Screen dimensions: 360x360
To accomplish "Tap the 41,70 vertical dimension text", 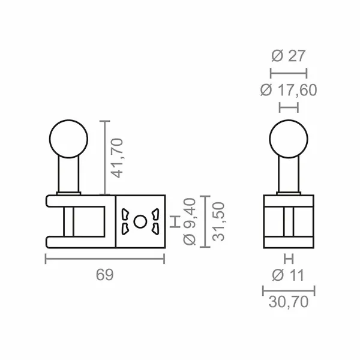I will tap(118, 158).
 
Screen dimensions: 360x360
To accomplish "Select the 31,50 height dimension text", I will tap(220, 221).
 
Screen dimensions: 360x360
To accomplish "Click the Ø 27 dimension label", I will tap(289, 56).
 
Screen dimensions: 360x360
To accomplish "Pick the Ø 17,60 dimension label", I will tap(289, 90).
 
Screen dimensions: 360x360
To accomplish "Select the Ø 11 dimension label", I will tap(289, 275).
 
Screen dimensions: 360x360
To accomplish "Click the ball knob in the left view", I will tap(68, 138).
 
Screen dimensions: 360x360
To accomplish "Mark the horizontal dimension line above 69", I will tap(104, 259).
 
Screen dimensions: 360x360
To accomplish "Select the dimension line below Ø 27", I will tap(289, 73).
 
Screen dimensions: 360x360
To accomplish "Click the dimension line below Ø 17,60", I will tap(289, 107).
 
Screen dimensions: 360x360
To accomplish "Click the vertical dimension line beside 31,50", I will tap(206, 221).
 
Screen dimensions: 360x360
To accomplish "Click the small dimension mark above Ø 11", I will tap(289, 260).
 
